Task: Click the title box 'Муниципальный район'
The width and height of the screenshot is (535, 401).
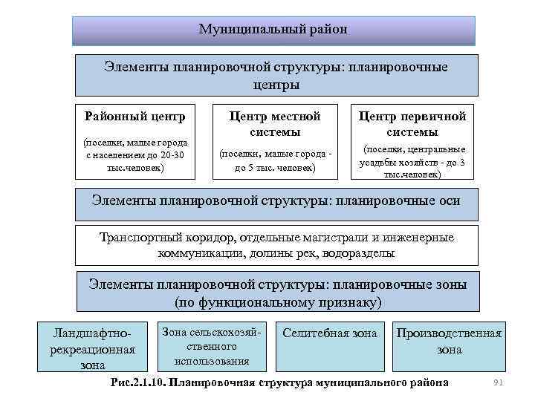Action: tap(273, 30)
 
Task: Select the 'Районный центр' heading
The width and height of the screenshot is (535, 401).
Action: tap(134, 117)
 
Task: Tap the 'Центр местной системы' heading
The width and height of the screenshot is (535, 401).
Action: tap(274, 124)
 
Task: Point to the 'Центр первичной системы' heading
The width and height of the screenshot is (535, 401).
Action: tap(412, 124)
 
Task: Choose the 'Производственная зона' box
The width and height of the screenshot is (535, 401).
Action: tap(449, 342)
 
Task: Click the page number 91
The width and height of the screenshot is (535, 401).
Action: tap(499, 382)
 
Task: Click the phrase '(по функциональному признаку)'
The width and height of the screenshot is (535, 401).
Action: tap(277, 303)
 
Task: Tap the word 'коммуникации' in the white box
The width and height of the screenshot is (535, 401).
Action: tap(195, 253)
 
